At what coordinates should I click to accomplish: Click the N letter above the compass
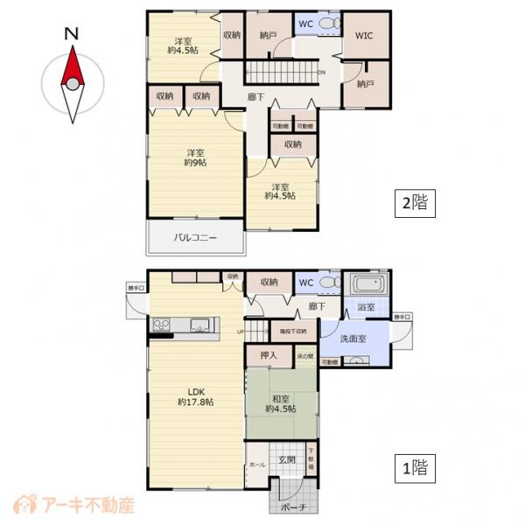[73, 35]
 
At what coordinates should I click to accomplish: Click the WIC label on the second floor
[365, 38]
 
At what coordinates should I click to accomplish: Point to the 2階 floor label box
[414, 203]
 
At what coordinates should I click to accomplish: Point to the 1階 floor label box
[414, 467]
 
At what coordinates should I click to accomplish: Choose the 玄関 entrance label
[287, 459]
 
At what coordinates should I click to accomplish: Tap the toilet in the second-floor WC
[327, 24]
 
